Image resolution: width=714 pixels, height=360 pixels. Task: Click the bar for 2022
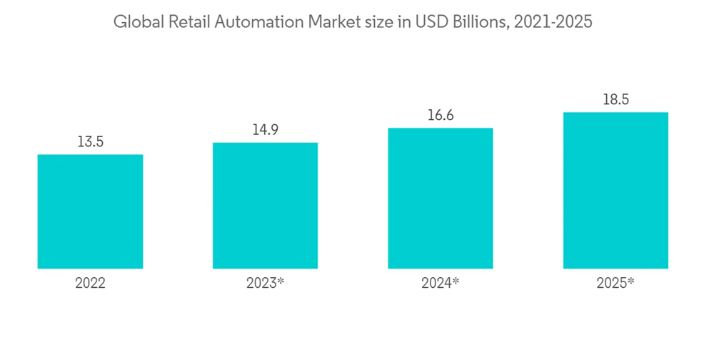tap(90, 211)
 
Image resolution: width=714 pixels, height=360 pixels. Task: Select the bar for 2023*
tap(265, 206)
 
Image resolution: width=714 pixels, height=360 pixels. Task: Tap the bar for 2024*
tap(440, 199)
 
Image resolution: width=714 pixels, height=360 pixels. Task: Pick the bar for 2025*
tap(615, 191)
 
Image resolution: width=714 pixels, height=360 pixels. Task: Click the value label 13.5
tap(91, 141)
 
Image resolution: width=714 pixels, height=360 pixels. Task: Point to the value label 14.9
tap(265, 130)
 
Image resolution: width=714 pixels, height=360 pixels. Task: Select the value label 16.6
tap(440, 115)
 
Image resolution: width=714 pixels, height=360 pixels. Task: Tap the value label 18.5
tap(615, 100)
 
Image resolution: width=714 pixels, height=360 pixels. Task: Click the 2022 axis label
tap(91, 284)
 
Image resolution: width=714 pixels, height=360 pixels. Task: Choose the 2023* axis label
tap(266, 284)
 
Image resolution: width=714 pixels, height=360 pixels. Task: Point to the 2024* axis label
tap(441, 284)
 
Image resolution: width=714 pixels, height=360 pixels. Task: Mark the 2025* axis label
tap(615, 284)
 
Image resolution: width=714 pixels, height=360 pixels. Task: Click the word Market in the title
tap(333, 22)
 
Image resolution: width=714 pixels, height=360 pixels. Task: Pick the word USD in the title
tap(436, 22)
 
